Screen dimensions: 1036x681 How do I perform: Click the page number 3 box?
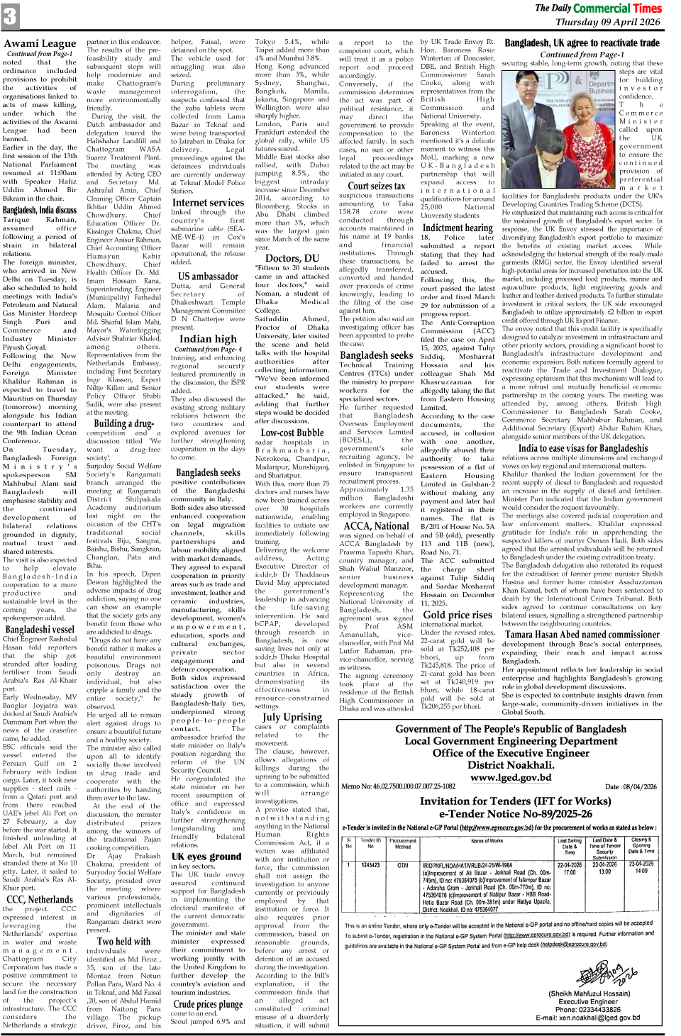pyautogui.click(x=10, y=16)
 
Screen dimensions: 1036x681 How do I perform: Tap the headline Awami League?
pyautogui.click(x=40, y=44)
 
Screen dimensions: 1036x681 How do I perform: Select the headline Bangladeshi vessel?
pyautogui.click(x=40, y=629)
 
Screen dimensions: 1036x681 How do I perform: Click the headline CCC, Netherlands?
pyautogui.click(x=40, y=899)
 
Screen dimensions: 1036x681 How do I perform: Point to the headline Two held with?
pyautogui.click(x=124, y=942)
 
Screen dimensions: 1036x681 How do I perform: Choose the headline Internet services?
pyautogui.click(x=208, y=202)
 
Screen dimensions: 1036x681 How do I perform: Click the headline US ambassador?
pyautogui.click(x=208, y=276)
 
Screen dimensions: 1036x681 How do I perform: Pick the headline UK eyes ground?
pyautogui.click(x=206, y=856)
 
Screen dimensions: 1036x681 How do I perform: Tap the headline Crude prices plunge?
pyautogui.click(x=208, y=1003)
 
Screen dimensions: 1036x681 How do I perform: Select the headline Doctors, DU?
pyautogui.click(x=292, y=258)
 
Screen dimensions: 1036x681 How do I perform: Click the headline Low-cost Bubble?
pyautogui.click(x=292, y=432)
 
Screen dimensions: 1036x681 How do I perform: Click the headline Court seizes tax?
pyautogui.click(x=377, y=186)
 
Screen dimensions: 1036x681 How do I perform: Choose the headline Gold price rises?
pyautogui.click(x=458, y=614)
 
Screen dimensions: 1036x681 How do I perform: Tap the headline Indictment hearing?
pyautogui.click(x=458, y=228)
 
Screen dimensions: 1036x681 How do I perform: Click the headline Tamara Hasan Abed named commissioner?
pyautogui.click(x=582, y=635)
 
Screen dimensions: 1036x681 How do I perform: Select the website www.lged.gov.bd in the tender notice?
pyautogui.click(x=510, y=777)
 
